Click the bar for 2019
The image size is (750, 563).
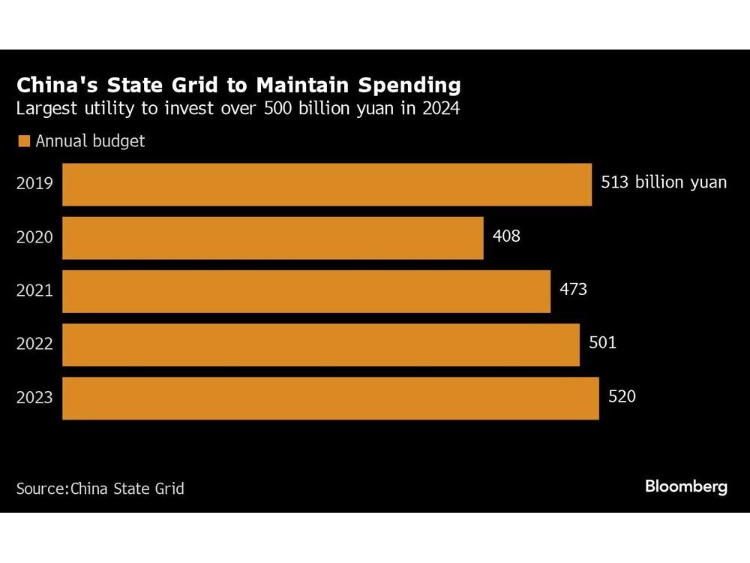tap(326, 185)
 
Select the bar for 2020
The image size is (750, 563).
tap(272, 238)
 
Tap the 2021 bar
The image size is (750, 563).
tap(306, 291)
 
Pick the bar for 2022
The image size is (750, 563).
tap(320, 345)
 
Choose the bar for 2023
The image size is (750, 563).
tap(330, 398)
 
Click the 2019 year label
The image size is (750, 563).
tap(34, 182)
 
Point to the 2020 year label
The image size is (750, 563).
tap(34, 236)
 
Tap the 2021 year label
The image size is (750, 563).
tap(34, 290)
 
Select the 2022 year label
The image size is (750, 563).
tap(34, 344)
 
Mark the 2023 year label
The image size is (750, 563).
tap(34, 397)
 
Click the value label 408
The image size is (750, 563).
tap(506, 236)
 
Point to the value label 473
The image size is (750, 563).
tap(573, 289)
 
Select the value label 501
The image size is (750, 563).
tap(602, 343)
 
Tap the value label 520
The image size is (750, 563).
tap(622, 396)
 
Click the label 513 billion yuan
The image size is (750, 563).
tap(664, 182)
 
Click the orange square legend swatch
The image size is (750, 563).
tap(23, 140)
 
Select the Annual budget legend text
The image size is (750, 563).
tap(90, 140)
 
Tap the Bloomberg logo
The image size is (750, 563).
tap(686, 486)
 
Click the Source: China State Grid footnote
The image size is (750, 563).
tap(100, 488)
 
